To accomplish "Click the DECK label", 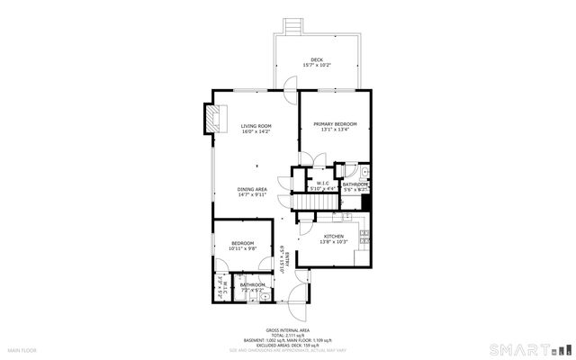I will coord(316,60).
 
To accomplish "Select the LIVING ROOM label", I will coord(256,126).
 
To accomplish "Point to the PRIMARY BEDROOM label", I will coord(335,123).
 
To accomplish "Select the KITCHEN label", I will coord(334,236).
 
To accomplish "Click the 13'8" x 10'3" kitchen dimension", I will coord(334,242).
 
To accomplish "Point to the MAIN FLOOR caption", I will coord(22,349).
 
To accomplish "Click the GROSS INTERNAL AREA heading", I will coord(288,330).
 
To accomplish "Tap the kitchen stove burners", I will coord(364,237).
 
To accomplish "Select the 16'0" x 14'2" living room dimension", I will coord(256,132).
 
